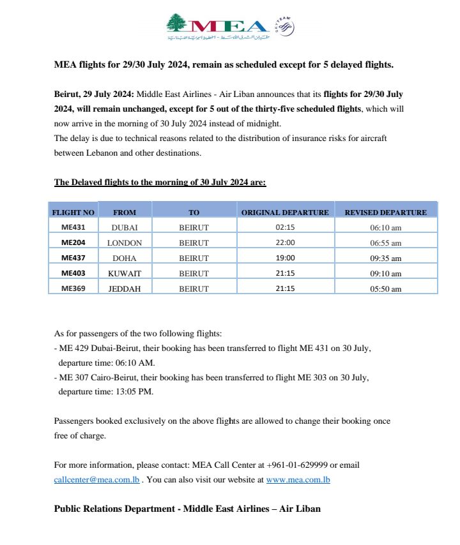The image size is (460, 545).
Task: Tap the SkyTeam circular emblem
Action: coord(284,26)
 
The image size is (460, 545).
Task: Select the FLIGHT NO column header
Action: coord(73,212)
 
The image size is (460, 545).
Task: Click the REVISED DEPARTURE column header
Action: coord(385,212)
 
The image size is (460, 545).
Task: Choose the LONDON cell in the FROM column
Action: coord(125,243)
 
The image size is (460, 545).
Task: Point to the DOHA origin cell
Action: coord(125,258)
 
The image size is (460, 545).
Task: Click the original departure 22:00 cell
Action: coord(285,243)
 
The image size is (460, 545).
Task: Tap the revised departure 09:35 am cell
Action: coord(386,258)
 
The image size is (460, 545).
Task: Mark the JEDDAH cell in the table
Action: coord(125,288)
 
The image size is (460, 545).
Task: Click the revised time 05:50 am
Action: coord(386,289)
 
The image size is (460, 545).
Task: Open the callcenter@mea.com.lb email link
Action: coord(96,479)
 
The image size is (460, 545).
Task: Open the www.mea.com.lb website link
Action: coord(298,479)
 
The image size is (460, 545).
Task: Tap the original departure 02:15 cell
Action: coord(285,227)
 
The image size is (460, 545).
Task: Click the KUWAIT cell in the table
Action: coord(125,273)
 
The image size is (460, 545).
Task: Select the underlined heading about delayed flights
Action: coord(160,182)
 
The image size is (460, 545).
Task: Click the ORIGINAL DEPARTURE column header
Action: coord(285,212)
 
